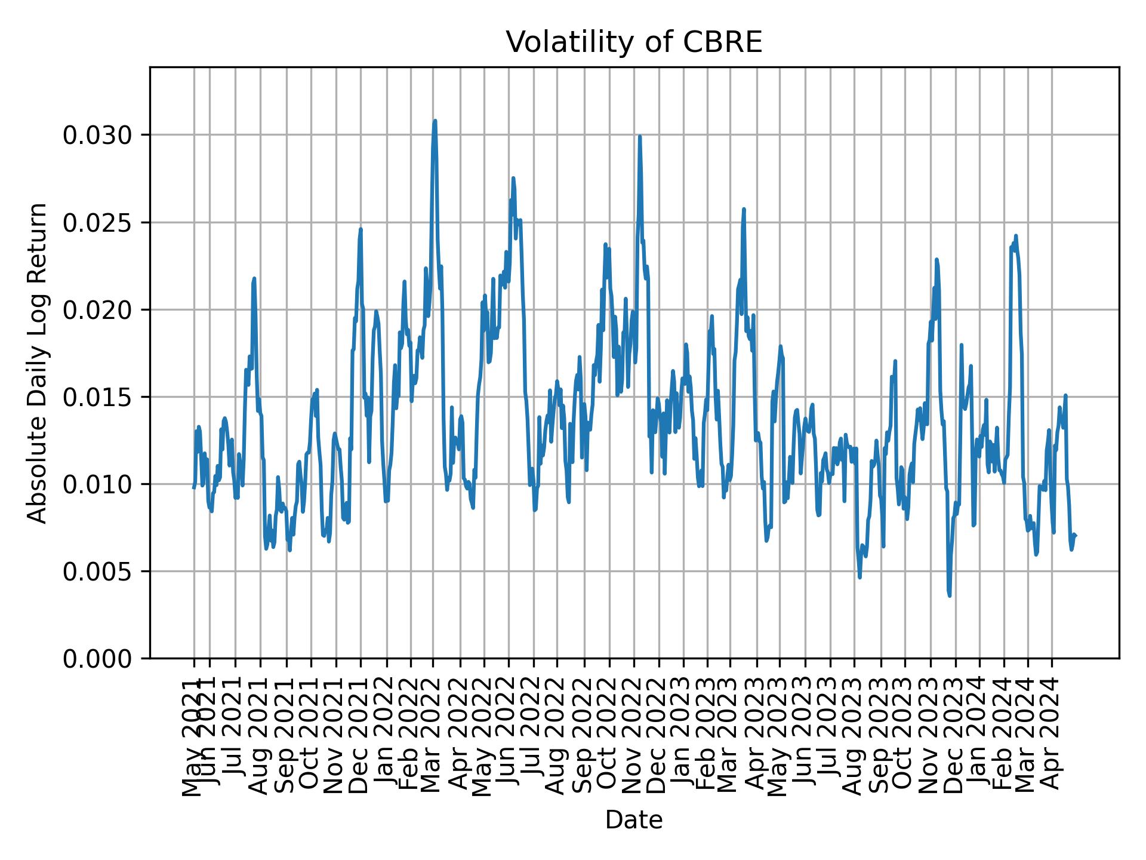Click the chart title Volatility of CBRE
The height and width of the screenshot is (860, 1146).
pyautogui.click(x=634, y=42)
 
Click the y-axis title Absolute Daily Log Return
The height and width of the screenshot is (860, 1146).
pyautogui.click(x=38, y=363)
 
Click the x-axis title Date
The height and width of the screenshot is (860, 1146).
pyautogui.click(x=634, y=820)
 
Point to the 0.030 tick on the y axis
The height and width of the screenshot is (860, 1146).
pyautogui.click(x=97, y=136)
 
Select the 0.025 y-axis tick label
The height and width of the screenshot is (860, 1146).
pyautogui.click(x=97, y=223)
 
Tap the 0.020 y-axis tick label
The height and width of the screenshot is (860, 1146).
pyautogui.click(x=97, y=310)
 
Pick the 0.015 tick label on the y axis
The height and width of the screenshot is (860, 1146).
pyautogui.click(x=97, y=397)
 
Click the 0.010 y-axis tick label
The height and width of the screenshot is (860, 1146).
pyautogui.click(x=97, y=484)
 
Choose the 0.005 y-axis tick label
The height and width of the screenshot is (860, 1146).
pyautogui.click(x=97, y=572)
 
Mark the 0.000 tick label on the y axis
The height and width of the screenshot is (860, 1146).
pyautogui.click(x=97, y=659)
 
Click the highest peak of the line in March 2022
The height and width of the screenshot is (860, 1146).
pyautogui.click(x=435, y=121)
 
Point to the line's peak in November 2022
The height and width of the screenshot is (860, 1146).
pyautogui.click(x=639, y=136)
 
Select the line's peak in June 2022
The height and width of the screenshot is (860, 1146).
pyautogui.click(x=513, y=178)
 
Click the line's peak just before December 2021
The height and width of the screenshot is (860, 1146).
pyautogui.click(x=361, y=229)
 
